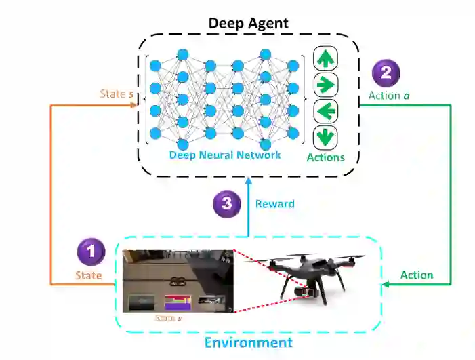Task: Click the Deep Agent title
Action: (248, 22)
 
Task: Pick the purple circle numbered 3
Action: (226, 203)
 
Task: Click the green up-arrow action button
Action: (326, 58)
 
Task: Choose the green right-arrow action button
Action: (326, 84)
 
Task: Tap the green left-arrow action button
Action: (326, 111)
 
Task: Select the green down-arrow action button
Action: (326, 137)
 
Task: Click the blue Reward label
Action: (274, 203)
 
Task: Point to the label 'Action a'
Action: (389, 96)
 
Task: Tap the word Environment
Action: (249, 342)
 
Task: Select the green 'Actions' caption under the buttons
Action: (326, 157)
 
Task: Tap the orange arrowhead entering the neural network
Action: (136, 106)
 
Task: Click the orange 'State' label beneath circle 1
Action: (88, 275)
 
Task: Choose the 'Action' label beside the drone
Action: (417, 275)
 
